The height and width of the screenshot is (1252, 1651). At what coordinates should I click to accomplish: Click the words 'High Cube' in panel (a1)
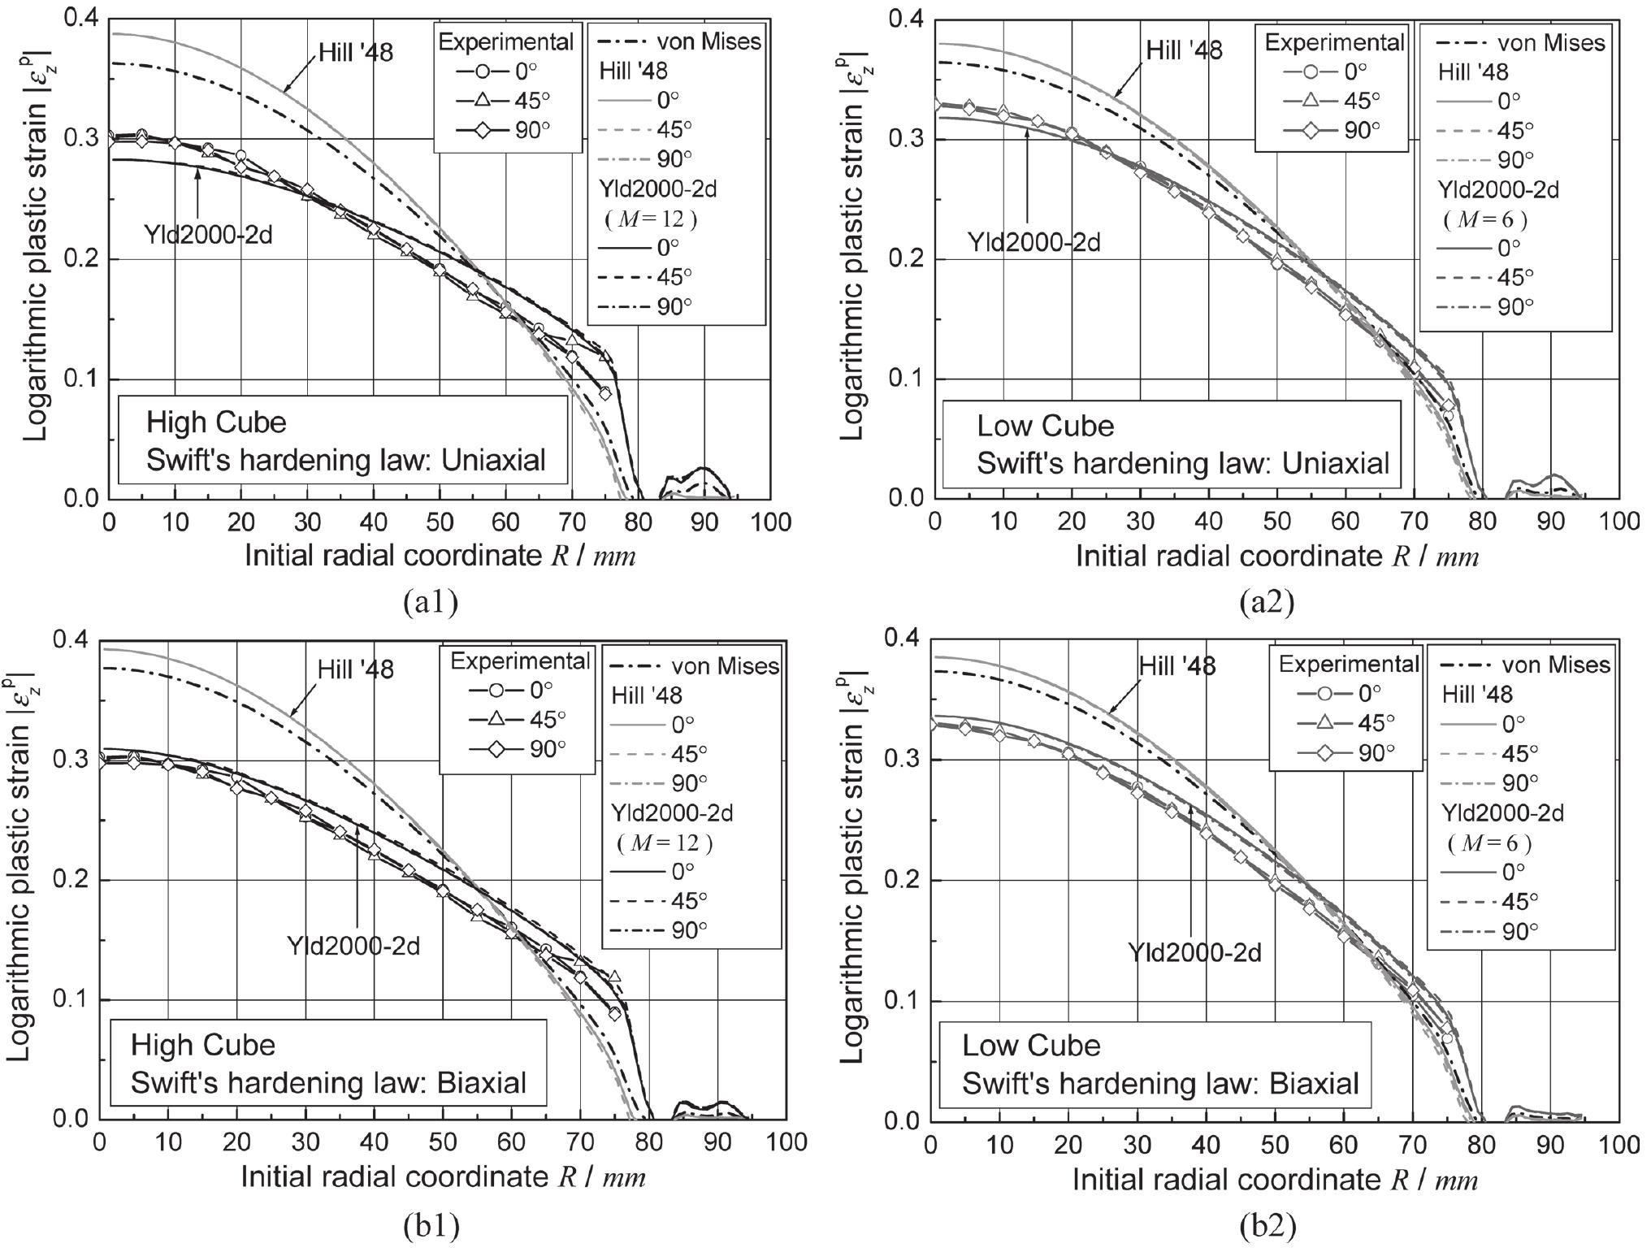216,422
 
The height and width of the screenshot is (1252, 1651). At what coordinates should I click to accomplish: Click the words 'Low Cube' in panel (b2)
1031,1045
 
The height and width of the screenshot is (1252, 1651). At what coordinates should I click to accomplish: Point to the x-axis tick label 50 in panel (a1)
439,522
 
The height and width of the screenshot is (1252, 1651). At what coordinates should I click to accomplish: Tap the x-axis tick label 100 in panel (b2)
1618,1142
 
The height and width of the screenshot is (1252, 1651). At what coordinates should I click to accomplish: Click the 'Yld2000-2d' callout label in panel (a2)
1033,241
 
